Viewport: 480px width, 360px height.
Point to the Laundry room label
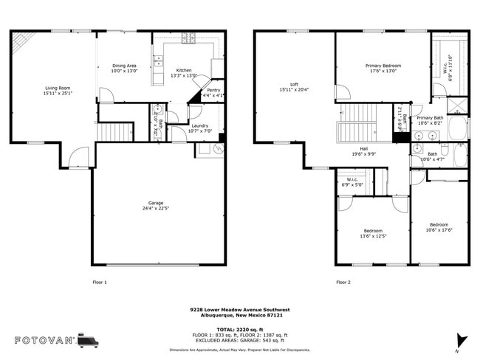coord(199,125)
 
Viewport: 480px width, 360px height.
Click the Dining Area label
coord(124,66)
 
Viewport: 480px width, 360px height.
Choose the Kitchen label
coord(183,70)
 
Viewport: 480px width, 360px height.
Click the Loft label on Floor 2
coord(293,84)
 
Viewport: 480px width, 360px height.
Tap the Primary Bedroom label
coord(383,66)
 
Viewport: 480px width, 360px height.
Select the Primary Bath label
coord(430,117)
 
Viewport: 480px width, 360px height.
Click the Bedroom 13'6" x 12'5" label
coord(372,231)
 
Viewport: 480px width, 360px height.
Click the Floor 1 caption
coord(100,283)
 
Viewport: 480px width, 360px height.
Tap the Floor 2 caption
coord(343,283)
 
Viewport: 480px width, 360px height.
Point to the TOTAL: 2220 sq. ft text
coord(239,328)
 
